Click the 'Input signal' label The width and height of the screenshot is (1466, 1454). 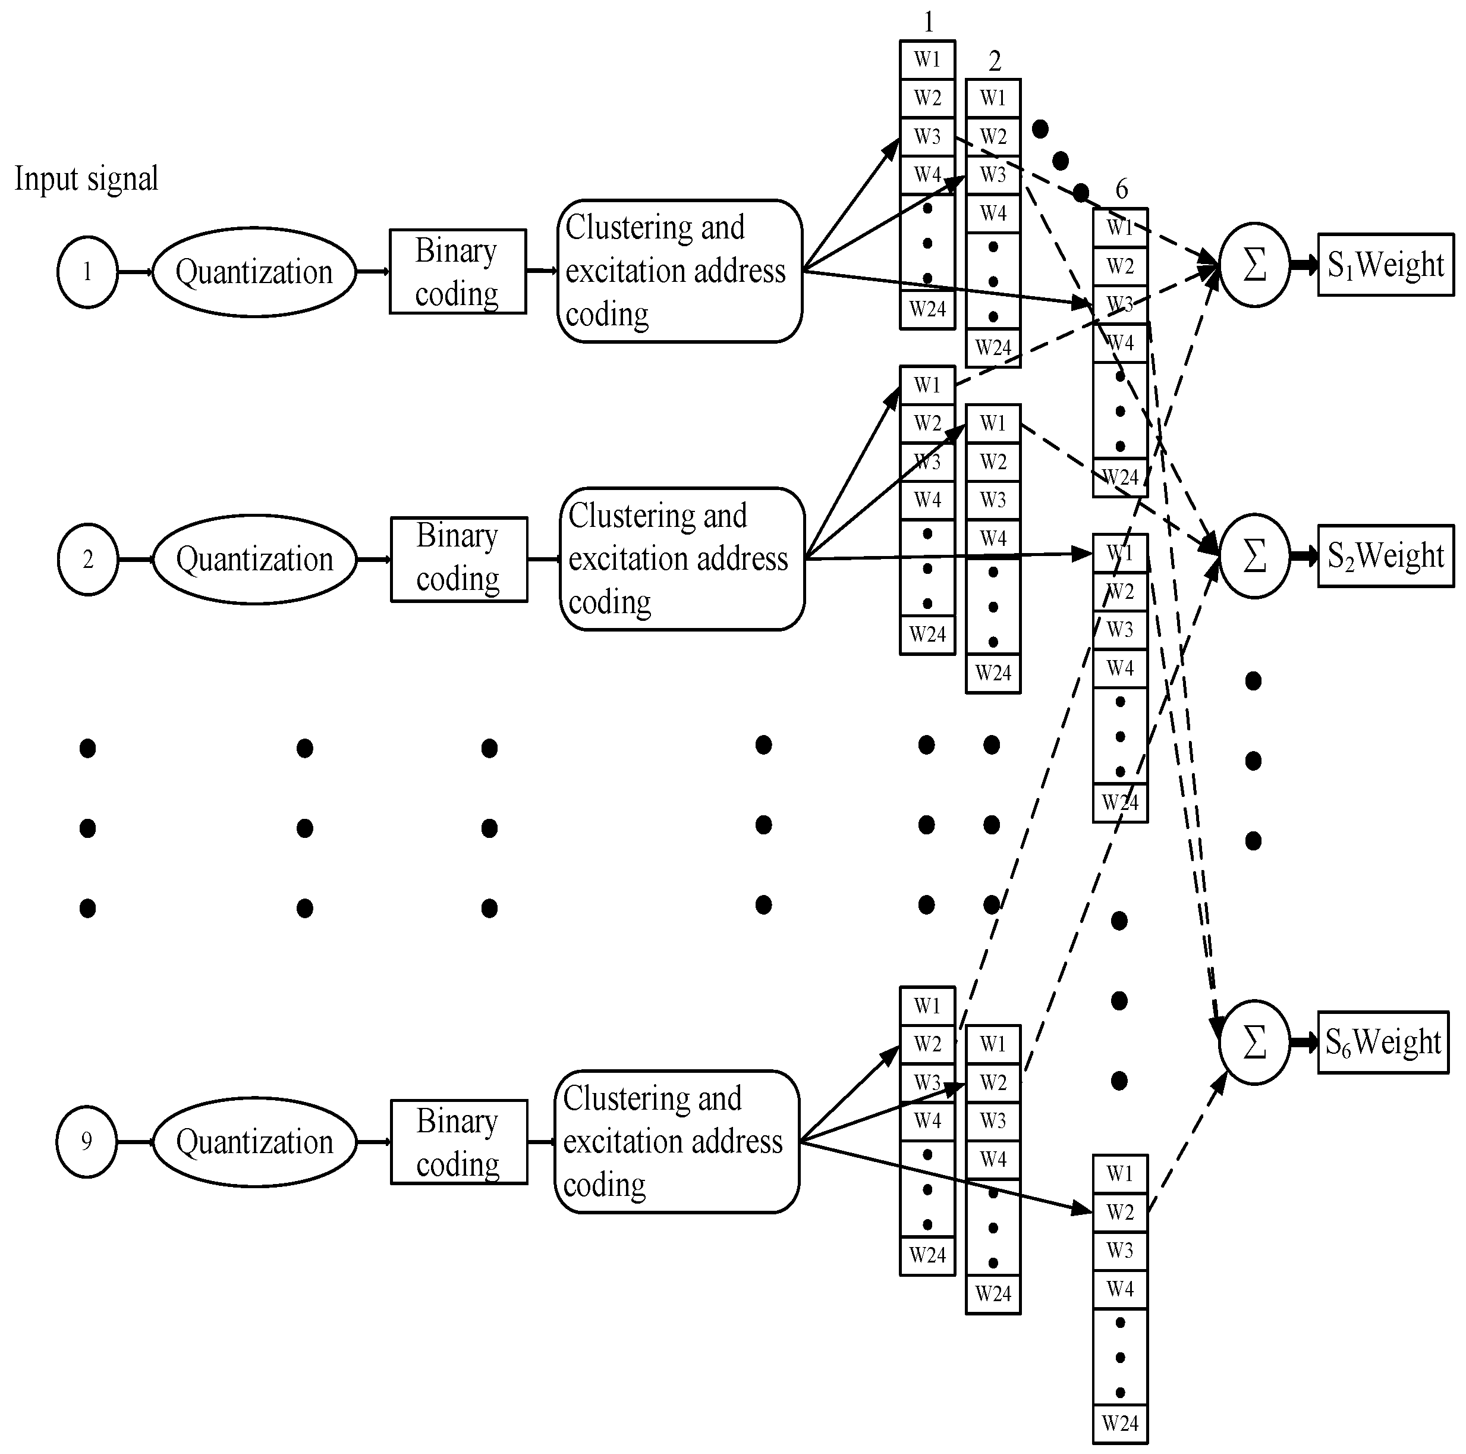click(87, 179)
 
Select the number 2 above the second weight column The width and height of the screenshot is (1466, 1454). click(994, 61)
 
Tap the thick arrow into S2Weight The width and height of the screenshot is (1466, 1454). click(1304, 555)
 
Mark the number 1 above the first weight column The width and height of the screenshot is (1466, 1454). click(928, 22)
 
